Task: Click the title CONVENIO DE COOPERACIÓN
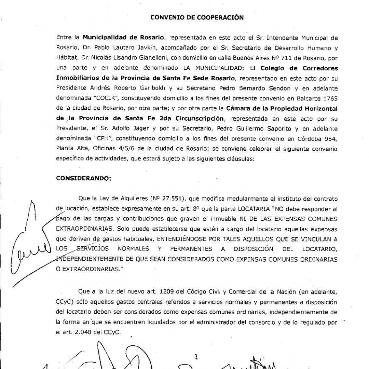[197, 18]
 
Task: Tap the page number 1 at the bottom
[196, 357]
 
